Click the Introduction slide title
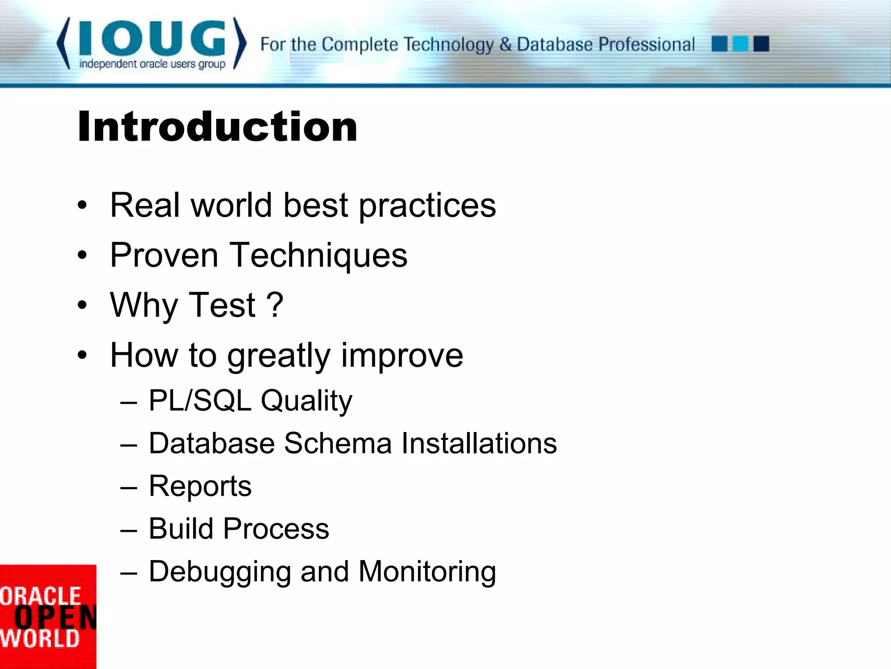coord(218,127)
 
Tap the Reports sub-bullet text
coord(200,486)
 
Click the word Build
coord(181,529)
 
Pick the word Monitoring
coord(427,571)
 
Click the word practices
coord(427,206)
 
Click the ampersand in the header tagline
coord(505,44)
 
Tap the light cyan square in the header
coord(740,44)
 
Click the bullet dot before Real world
coord(82,205)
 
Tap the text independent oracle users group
coord(152,64)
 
